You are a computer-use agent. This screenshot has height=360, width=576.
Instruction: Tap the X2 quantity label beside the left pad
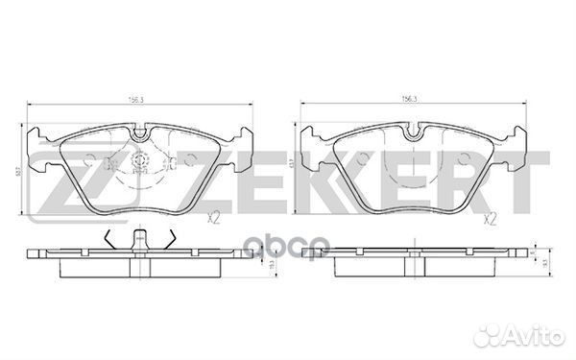pos(216,219)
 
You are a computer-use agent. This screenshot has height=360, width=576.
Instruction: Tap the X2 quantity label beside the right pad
pos(490,219)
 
